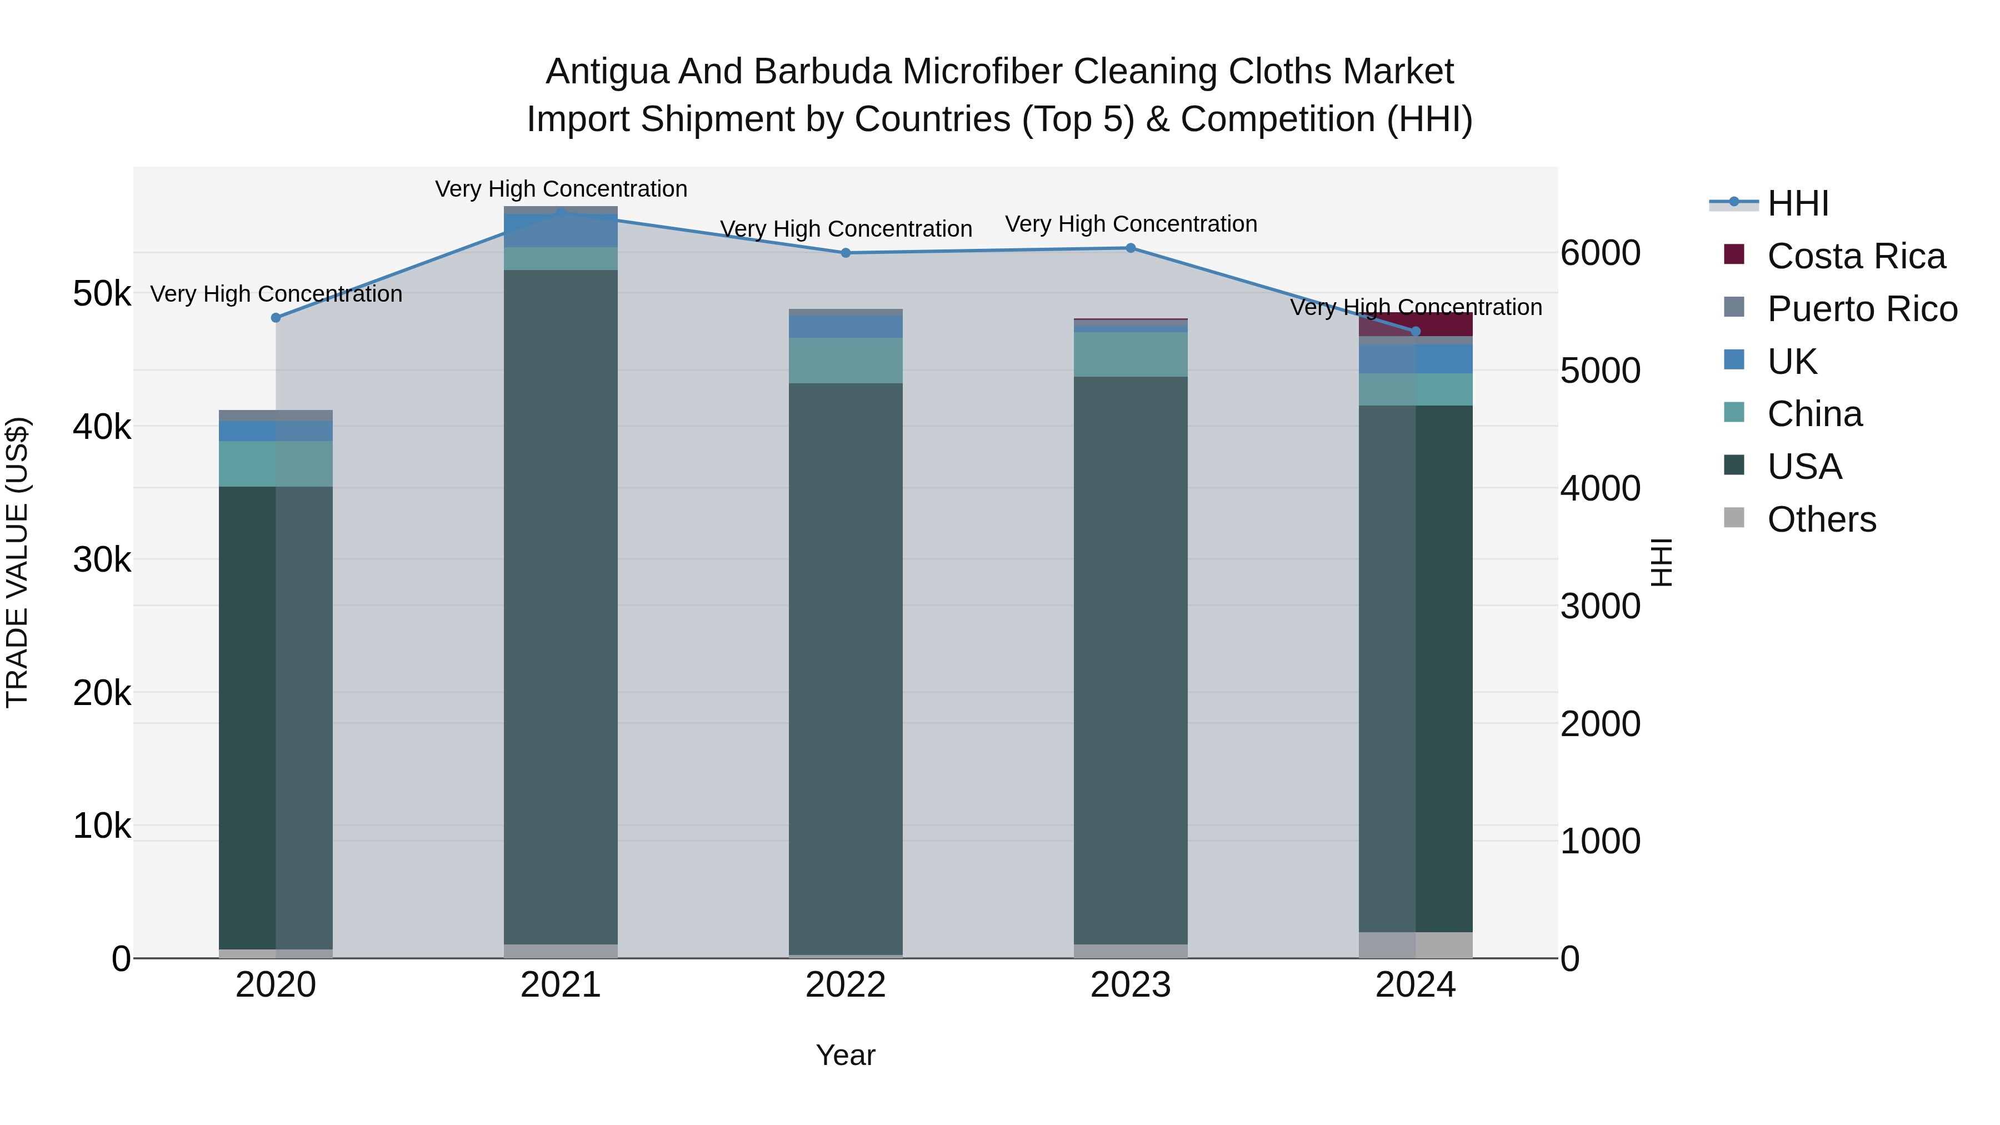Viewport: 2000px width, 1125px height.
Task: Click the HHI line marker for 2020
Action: pyautogui.click(x=276, y=318)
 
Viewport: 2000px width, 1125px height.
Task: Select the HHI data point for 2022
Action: pyautogui.click(x=846, y=252)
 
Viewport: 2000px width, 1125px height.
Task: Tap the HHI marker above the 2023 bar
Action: pyautogui.click(x=1131, y=248)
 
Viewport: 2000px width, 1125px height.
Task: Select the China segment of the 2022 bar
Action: pyautogui.click(x=846, y=360)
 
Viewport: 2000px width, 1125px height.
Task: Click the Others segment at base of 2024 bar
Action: pyautogui.click(x=1416, y=945)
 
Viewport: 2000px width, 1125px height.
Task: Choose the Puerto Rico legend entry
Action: pyautogui.click(x=1862, y=309)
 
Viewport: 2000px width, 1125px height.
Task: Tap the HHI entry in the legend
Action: pyautogui.click(x=1797, y=203)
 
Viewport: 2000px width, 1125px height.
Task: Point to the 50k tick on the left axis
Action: pyautogui.click(x=102, y=294)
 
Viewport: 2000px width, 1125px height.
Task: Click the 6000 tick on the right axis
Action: pyautogui.click(x=1600, y=253)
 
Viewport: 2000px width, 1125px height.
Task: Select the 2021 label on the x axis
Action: pyautogui.click(x=560, y=985)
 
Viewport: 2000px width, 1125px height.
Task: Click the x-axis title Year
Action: pyautogui.click(x=846, y=1055)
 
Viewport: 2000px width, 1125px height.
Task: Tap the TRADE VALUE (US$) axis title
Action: pyautogui.click(x=17, y=562)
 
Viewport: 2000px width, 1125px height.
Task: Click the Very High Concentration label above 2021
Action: pyautogui.click(x=561, y=189)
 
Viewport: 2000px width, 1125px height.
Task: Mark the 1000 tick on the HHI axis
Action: pyautogui.click(x=1600, y=842)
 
